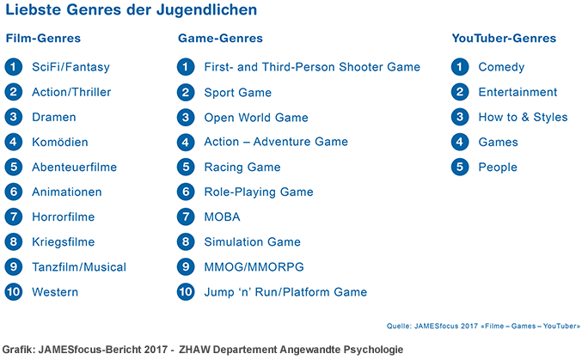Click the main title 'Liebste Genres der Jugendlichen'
click(x=131, y=11)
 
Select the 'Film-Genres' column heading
click(x=43, y=39)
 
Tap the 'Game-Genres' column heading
click(x=220, y=39)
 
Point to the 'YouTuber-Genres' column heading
click(x=504, y=39)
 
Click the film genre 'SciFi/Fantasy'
click(x=70, y=67)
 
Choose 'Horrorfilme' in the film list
click(x=64, y=217)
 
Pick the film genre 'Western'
click(x=55, y=292)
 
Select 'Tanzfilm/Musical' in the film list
click(x=79, y=267)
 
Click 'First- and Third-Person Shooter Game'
click(x=312, y=67)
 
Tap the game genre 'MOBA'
click(x=222, y=217)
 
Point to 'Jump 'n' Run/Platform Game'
click(x=285, y=292)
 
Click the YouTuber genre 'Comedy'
click(x=501, y=67)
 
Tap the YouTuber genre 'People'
click(x=498, y=168)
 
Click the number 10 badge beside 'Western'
click(x=13, y=292)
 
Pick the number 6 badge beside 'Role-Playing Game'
click(x=186, y=192)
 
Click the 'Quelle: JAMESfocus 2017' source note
click(x=484, y=326)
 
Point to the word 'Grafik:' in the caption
click(x=19, y=350)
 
